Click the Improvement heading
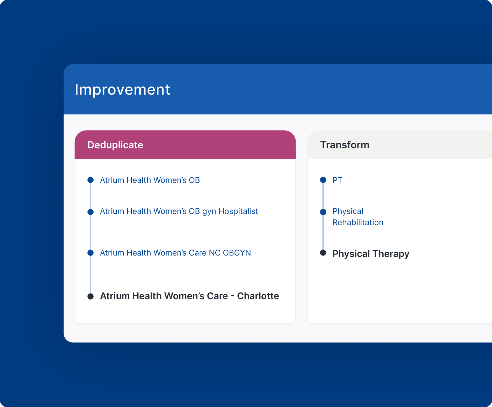pos(122,90)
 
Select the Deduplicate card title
pos(115,145)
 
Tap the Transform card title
pos(345,145)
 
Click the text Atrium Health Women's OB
pos(150,180)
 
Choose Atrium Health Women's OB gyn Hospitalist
pos(179,211)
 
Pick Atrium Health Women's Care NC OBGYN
pos(175,253)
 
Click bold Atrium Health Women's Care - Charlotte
pos(189,296)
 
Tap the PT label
pos(337,180)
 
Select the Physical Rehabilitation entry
pos(358,217)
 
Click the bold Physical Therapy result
pos(371,254)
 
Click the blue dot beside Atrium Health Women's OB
pos(91,180)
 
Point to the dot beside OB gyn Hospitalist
pos(91,212)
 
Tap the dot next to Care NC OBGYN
pos(91,253)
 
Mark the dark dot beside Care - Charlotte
pos(91,296)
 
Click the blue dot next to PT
pos(323,180)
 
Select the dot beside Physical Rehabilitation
pos(323,212)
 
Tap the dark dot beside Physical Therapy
pos(323,253)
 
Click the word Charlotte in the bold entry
pos(258,296)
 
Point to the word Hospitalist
pos(238,211)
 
